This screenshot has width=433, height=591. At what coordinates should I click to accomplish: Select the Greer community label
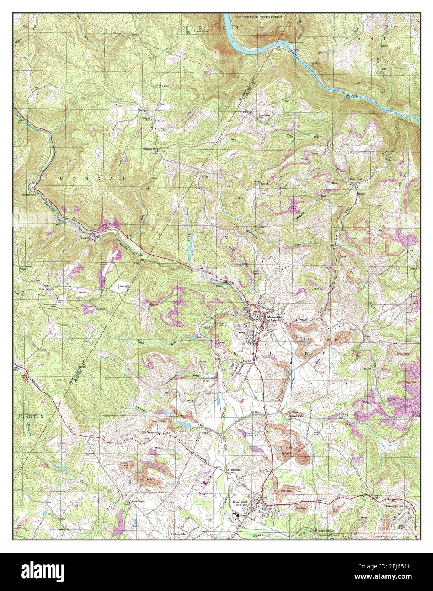82,238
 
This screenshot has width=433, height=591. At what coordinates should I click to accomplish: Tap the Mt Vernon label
149,432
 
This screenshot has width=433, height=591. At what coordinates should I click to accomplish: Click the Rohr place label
205,175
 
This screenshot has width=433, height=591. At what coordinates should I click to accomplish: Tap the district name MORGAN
92,179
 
